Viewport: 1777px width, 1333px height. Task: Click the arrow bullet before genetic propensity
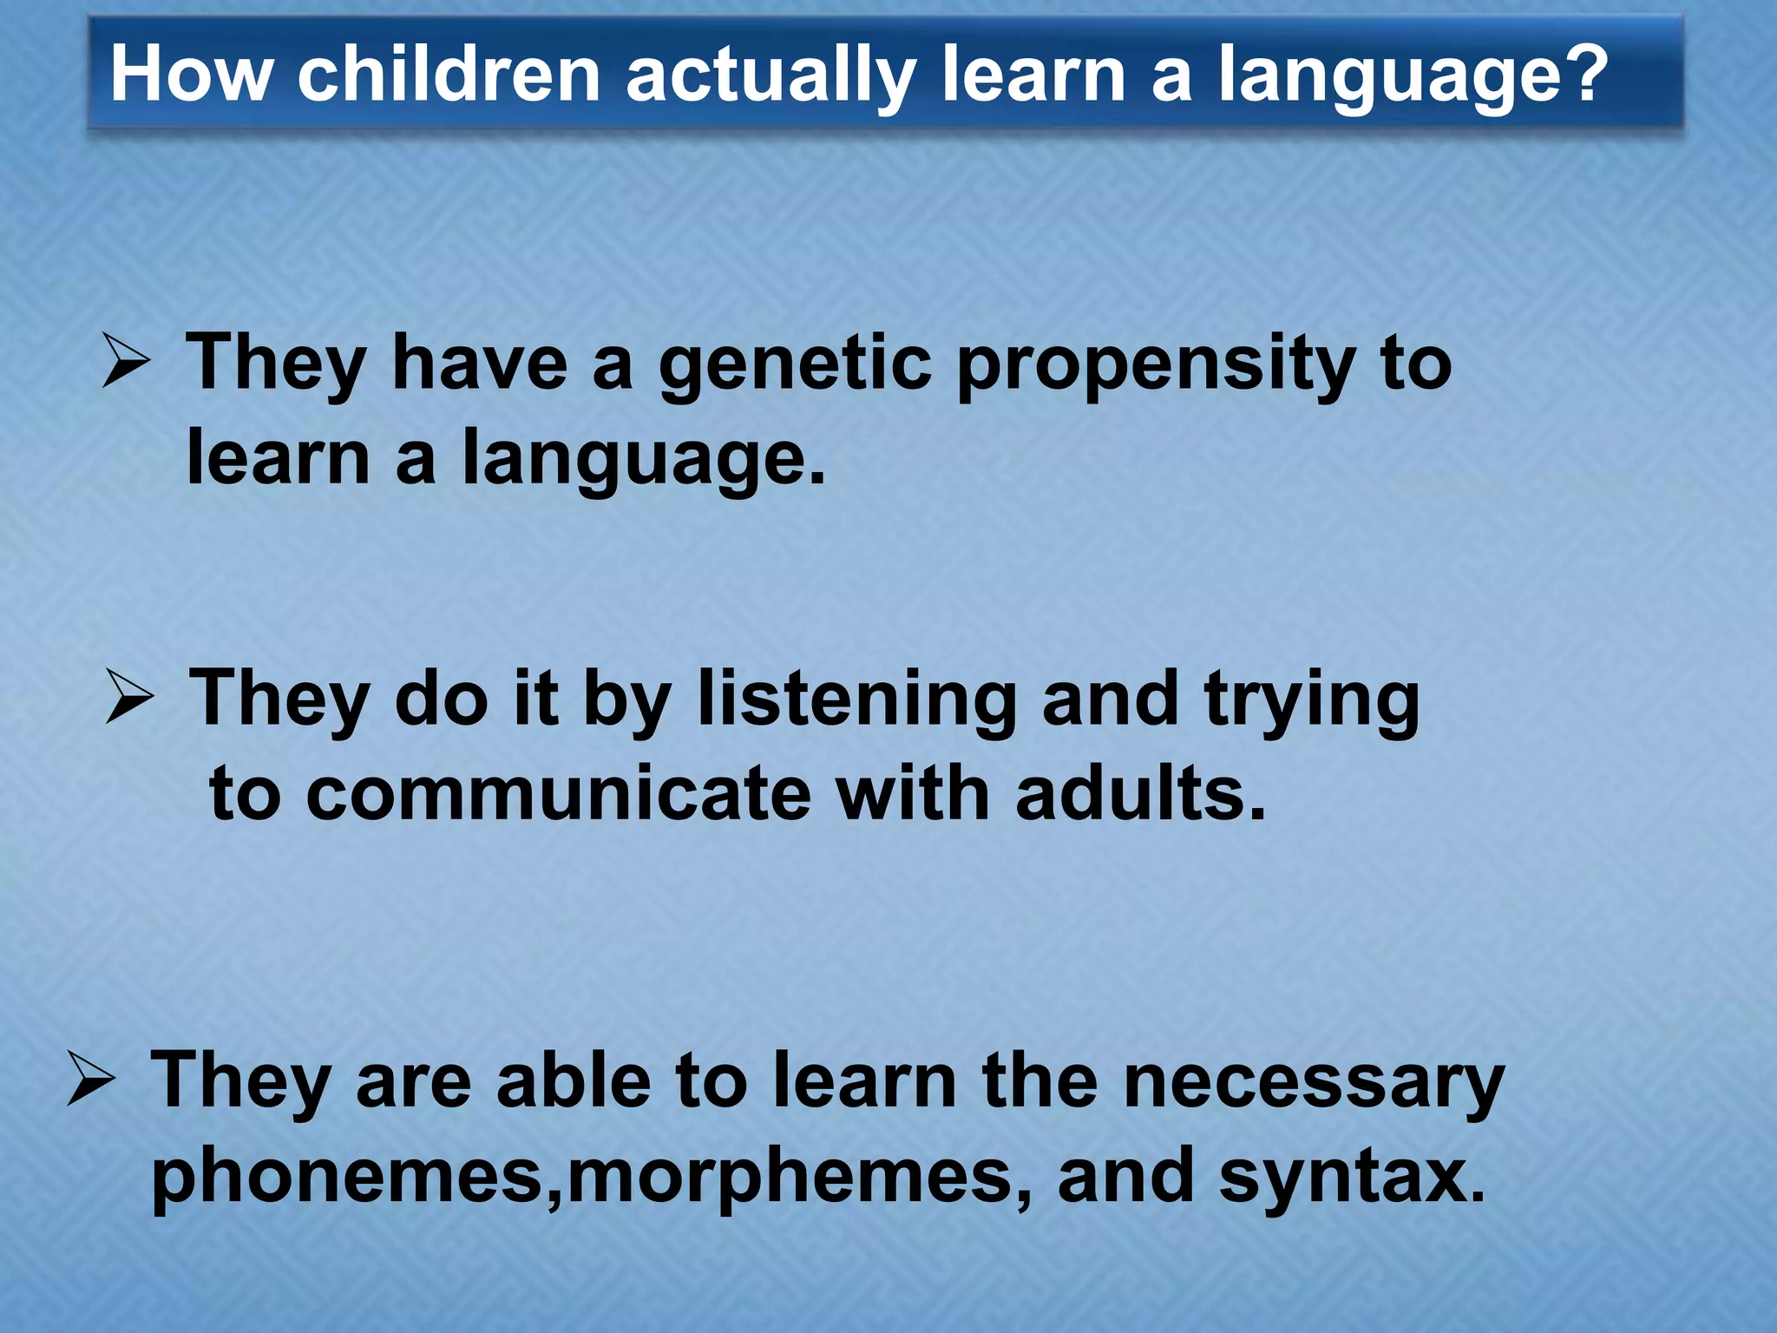(127, 363)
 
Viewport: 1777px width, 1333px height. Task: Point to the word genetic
(795, 366)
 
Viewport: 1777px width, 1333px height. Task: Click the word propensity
(1155, 366)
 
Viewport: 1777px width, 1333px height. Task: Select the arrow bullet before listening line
(130, 699)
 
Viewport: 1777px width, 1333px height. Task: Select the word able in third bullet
(573, 1080)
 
